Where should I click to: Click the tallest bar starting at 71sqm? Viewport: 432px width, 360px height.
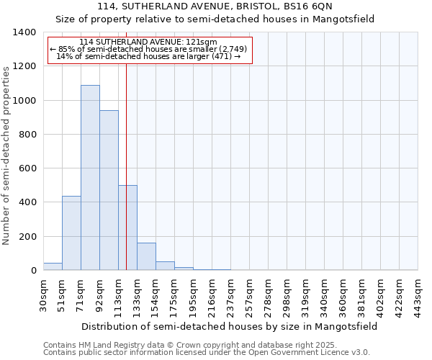90,178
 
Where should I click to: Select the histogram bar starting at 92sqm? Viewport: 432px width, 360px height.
109,190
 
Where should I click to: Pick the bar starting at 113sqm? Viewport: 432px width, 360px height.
127,228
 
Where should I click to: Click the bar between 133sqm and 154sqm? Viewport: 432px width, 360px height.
146,256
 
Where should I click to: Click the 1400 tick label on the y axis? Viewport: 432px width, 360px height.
24,32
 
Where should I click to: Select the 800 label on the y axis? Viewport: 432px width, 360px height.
27,135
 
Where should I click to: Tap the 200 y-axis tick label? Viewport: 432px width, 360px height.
27,237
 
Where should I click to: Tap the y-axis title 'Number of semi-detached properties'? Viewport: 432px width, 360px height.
7,155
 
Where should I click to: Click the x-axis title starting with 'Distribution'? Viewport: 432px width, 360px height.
229,326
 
